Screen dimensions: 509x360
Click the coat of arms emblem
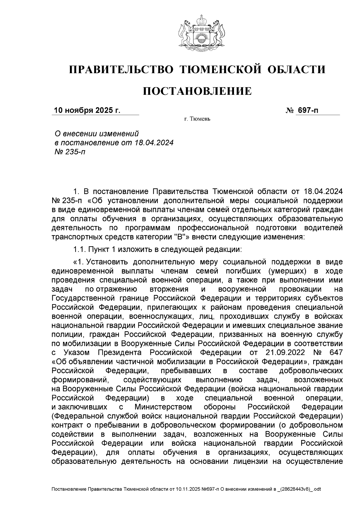click(x=197, y=34)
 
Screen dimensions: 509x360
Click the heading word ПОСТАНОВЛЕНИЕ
click(x=197, y=91)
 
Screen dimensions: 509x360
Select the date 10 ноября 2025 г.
click(x=87, y=110)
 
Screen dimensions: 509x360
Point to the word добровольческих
click(x=311, y=370)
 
